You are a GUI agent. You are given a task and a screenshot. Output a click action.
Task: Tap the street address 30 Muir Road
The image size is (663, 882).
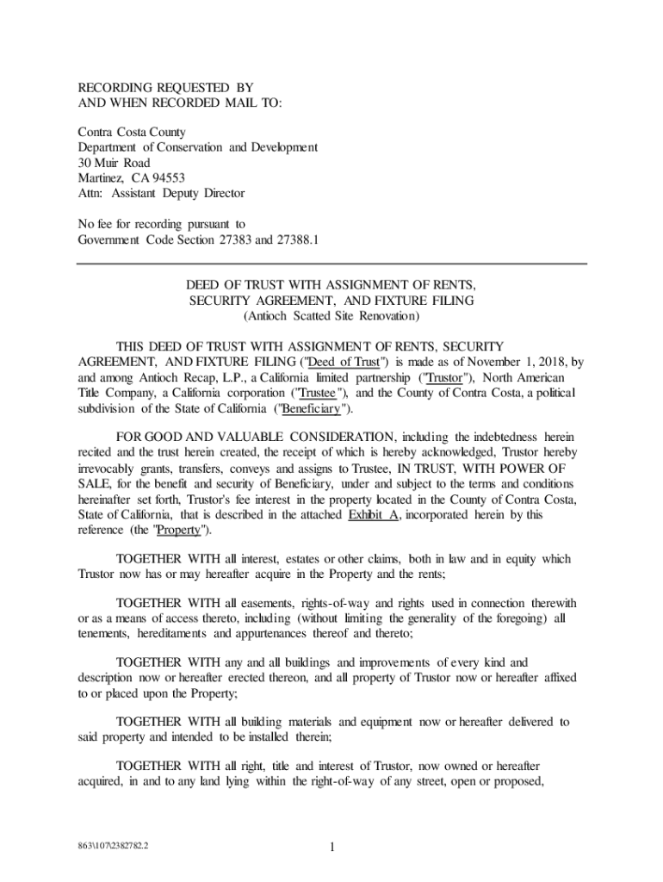click(114, 163)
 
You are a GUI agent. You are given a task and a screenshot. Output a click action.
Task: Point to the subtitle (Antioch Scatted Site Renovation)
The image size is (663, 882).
click(331, 316)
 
